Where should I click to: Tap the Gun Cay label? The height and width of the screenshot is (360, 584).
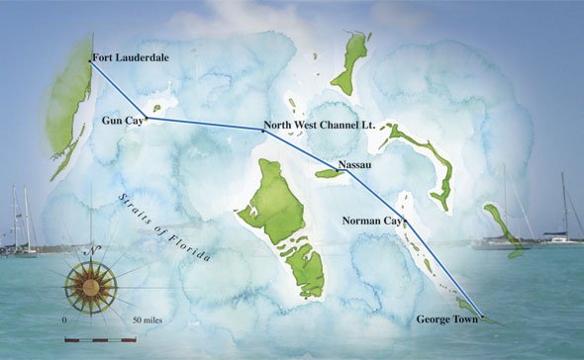point(121,121)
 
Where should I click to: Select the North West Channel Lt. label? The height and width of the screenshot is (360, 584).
point(315,126)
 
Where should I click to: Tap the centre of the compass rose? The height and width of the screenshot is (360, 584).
point(89,287)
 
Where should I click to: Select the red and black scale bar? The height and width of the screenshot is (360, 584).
point(99,340)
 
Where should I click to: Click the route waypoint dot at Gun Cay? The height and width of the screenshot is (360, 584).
point(149,117)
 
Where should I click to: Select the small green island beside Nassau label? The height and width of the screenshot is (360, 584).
point(327,174)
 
